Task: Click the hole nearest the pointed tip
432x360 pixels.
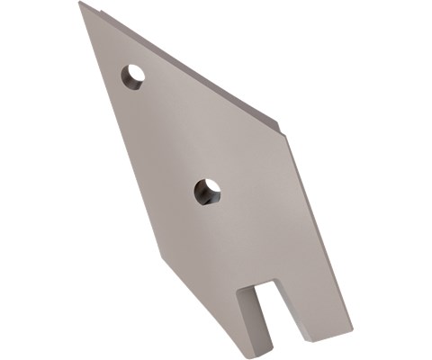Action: (133, 76)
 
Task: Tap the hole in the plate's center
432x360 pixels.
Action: (207, 191)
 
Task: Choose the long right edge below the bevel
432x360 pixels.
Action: (319, 234)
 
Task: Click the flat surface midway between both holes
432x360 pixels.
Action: (170, 134)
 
